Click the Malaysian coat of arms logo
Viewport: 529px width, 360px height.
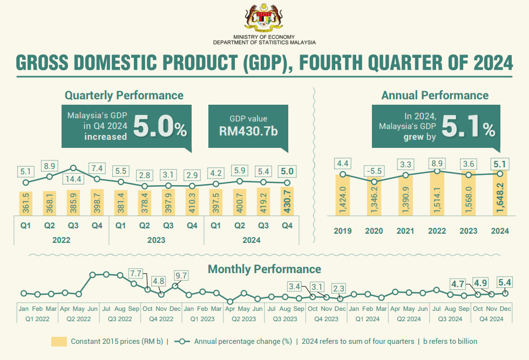click(x=264, y=18)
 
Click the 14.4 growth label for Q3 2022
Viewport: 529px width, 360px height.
click(x=73, y=179)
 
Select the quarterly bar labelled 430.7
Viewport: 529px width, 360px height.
click(x=287, y=201)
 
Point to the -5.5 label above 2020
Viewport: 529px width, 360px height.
click(x=374, y=171)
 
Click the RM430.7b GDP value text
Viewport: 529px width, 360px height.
click(x=248, y=131)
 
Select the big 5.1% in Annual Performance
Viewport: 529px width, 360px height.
click(x=467, y=128)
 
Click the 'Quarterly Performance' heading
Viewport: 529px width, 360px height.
click(x=124, y=96)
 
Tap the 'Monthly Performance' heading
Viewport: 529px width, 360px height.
click(x=264, y=269)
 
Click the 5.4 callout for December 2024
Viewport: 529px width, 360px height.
click(x=506, y=282)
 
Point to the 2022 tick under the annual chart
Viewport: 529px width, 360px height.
click(x=437, y=231)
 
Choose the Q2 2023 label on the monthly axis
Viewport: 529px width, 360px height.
click(x=243, y=318)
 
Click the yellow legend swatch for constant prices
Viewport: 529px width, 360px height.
click(x=59, y=342)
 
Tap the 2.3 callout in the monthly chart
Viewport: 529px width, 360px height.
click(x=339, y=288)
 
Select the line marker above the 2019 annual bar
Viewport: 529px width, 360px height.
click(x=343, y=174)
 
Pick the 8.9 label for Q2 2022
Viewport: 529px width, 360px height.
click(x=50, y=166)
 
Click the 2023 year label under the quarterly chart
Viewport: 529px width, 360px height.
click(x=157, y=240)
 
